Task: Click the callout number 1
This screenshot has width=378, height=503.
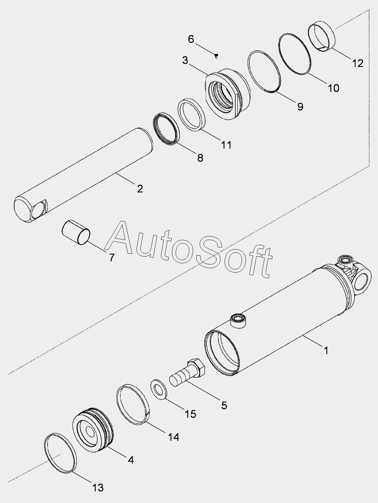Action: click(x=326, y=350)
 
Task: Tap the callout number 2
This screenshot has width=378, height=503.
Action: click(x=140, y=188)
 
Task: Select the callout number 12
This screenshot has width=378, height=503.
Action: click(x=358, y=63)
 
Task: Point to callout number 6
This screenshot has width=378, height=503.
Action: click(x=191, y=39)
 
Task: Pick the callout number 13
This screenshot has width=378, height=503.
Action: click(x=98, y=487)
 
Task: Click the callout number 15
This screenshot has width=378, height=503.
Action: click(x=190, y=413)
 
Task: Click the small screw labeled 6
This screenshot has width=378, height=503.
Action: click(x=216, y=56)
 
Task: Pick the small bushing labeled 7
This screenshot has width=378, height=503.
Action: click(x=76, y=232)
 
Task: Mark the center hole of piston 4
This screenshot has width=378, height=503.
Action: click(x=90, y=432)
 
